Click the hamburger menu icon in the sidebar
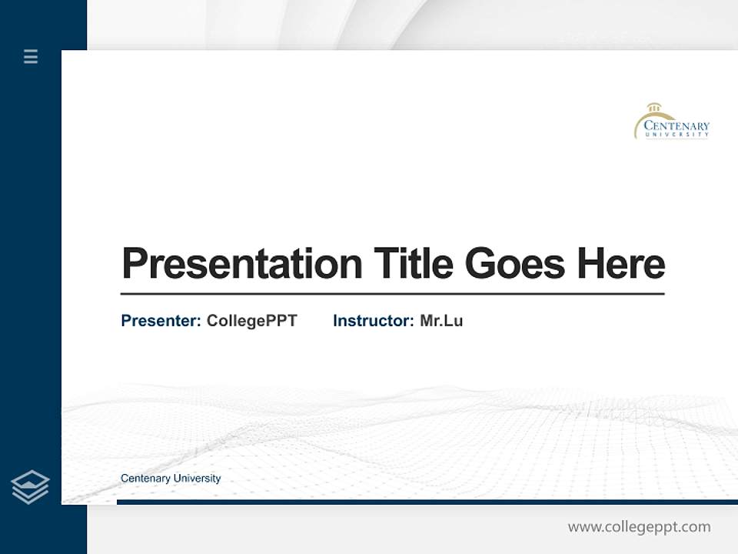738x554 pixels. point(31,56)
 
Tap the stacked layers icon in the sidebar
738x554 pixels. point(30,487)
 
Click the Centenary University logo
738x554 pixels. point(672,122)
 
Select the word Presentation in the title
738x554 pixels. point(241,264)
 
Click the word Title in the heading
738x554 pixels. point(413,263)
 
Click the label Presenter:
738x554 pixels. point(161,321)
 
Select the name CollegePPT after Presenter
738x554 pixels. point(251,321)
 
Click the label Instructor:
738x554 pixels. point(373,321)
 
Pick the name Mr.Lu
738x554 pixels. point(441,321)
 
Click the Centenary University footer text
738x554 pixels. point(171,479)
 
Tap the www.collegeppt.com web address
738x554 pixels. point(639,527)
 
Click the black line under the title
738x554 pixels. point(392,294)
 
